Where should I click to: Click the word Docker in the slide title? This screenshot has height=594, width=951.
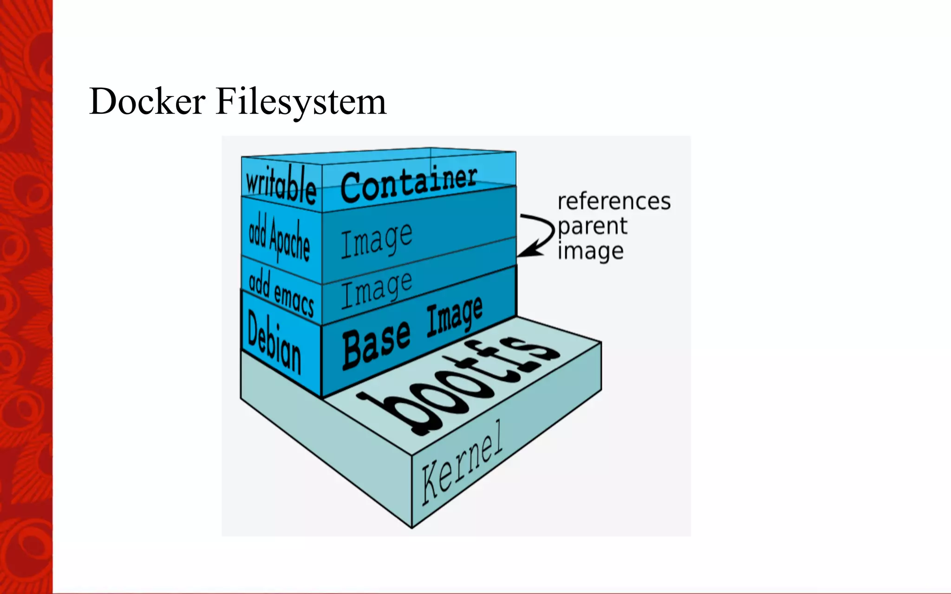pyautogui.click(x=147, y=101)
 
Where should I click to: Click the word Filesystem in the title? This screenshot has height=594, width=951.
pyautogui.click(x=301, y=102)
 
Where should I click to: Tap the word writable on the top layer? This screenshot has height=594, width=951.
pyautogui.click(x=281, y=185)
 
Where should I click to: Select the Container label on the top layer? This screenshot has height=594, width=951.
pyautogui.click(x=409, y=184)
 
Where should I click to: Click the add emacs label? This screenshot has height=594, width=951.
pyautogui.click(x=281, y=293)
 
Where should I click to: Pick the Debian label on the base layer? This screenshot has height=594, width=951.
pyautogui.click(x=274, y=342)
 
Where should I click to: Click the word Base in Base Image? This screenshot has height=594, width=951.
pyautogui.click(x=377, y=344)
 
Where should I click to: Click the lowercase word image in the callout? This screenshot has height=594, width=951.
pyautogui.click(x=590, y=252)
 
